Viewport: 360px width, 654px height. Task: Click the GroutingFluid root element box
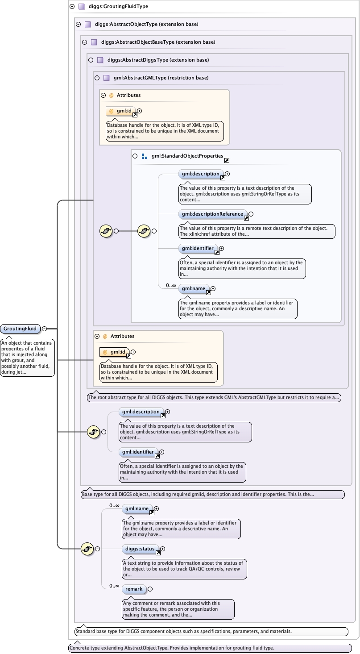coord(20,329)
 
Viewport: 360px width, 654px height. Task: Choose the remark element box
coord(134,589)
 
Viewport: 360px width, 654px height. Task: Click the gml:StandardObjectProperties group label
coord(187,156)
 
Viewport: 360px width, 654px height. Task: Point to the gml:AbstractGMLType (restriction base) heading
coord(161,78)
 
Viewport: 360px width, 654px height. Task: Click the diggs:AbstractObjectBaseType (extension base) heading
coord(158,42)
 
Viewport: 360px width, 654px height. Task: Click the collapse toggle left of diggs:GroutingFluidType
coord(72,7)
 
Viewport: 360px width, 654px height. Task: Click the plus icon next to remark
coord(150,590)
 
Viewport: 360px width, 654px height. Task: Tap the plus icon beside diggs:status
coord(162,549)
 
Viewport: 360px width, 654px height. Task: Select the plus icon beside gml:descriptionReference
coord(251,214)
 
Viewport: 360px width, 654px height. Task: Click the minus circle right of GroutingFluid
coord(45,329)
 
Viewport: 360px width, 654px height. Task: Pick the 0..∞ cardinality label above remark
coord(114,586)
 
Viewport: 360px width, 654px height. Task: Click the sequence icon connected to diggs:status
coord(87,549)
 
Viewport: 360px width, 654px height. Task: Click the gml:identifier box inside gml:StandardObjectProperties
coord(198,248)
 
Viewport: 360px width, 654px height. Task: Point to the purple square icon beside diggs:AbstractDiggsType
coord(100,60)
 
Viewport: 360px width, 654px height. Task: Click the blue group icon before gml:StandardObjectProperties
coord(144,156)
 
